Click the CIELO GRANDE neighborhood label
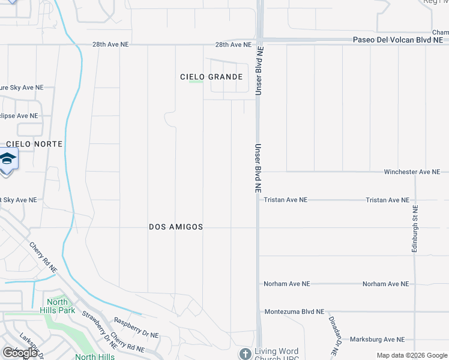click(211, 77)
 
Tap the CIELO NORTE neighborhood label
click(34, 145)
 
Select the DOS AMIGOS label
click(176, 227)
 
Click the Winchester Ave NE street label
click(412, 172)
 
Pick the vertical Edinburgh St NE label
click(415, 229)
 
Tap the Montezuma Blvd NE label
click(294, 312)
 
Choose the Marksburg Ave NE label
click(377, 340)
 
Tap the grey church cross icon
click(245, 354)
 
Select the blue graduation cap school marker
click(8, 160)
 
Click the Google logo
click(20, 353)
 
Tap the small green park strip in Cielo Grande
click(196, 82)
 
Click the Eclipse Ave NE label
click(19, 116)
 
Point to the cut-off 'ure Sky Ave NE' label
click(22, 88)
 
